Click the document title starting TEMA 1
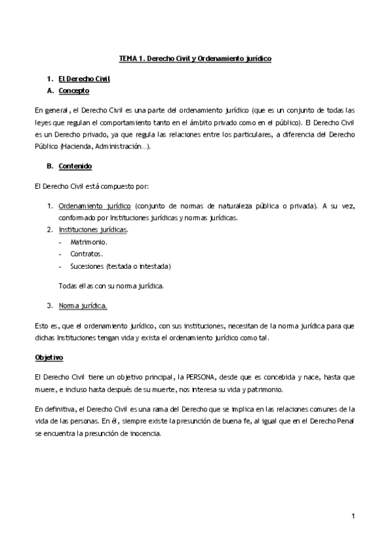pyautogui.click(x=195, y=59)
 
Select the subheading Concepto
pyautogui.click(x=74, y=90)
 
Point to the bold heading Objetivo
pyautogui.click(x=49, y=357)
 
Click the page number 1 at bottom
pyautogui.click(x=352, y=517)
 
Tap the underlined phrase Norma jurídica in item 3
pyautogui.click(x=83, y=305)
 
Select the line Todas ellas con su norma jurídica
pyautogui.click(x=111, y=285)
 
